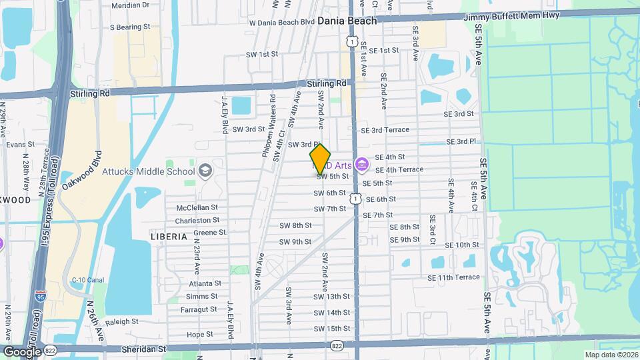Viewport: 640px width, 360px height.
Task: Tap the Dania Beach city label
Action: tap(347, 21)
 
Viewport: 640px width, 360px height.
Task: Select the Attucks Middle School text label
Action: tap(148, 171)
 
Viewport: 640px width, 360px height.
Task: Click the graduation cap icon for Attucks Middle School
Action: tap(205, 171)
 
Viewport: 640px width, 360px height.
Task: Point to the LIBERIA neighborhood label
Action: tap(169, 237)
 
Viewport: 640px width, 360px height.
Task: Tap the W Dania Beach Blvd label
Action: tap(281, 22)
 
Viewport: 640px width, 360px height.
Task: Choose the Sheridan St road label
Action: tap(143, 349)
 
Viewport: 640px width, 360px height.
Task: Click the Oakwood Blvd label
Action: tap(81, 171)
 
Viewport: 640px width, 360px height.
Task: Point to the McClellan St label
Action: tap(197, 207)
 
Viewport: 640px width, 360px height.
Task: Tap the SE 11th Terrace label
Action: tap(455, 277)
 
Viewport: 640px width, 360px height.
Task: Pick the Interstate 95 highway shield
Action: tap(41, 296)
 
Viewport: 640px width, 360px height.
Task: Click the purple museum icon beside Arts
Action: tap(362, 163)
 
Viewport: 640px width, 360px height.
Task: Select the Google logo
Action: tap(22, 351)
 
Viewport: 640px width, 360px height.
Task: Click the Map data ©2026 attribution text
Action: tap(611, 355)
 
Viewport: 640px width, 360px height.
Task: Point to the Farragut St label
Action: tap(199, 309)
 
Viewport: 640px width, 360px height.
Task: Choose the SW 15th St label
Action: tap(331, 329)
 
